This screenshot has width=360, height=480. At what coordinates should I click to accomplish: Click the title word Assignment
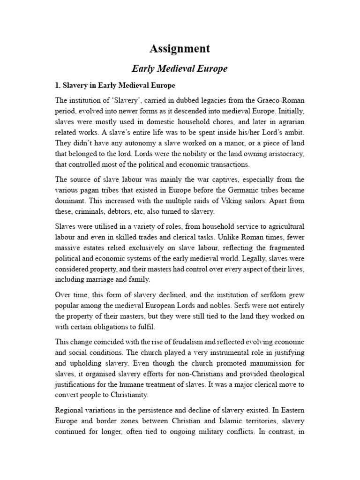tap(180, 49)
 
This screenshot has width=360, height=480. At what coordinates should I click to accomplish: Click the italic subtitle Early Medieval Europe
tap(180, 68)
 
